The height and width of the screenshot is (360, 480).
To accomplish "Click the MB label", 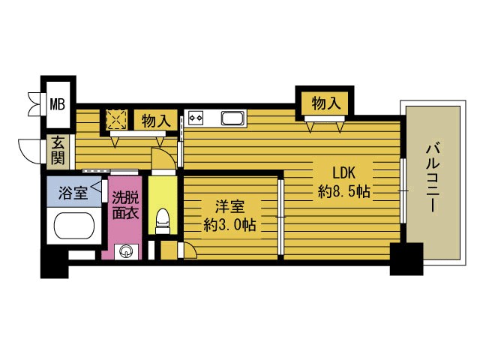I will (x=58, y=103).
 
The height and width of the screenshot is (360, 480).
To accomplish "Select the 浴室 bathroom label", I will (x=73, y=192).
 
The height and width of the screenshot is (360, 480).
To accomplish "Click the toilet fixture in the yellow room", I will (x=161, y=220).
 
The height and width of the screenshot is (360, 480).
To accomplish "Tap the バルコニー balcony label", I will (x=433, y=177).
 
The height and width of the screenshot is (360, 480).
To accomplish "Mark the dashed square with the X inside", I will (x=116, y=120).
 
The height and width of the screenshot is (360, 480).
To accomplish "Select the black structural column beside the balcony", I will (x=402, y=259).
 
